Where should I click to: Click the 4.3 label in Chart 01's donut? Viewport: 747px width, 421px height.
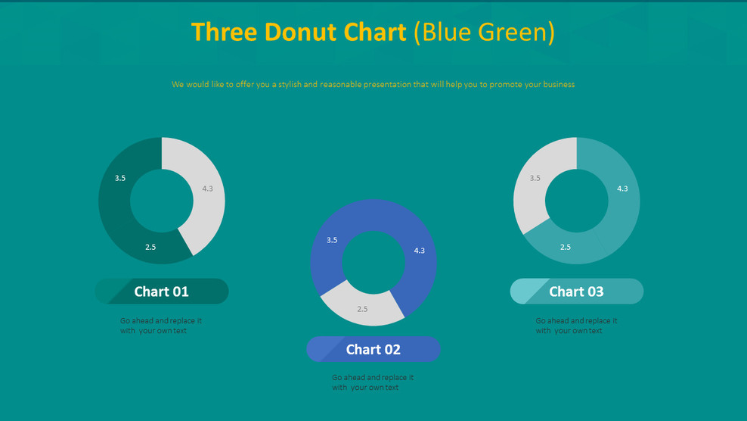(208, 189)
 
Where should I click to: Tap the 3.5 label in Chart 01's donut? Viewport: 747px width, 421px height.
(120, 178)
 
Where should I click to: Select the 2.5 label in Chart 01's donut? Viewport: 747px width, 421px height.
(150, 247)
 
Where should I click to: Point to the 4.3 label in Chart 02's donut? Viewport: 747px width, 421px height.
(420, 251)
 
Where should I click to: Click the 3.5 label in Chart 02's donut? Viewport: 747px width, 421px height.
(332, 240)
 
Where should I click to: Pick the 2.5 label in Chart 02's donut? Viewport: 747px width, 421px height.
(362, 309)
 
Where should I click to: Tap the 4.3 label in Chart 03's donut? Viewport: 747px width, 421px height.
(622, 189)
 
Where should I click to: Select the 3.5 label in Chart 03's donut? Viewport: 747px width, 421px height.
(535, 178)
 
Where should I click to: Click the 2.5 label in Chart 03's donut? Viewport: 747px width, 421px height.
(566, 247)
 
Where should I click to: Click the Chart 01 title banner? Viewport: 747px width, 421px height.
(162, 292)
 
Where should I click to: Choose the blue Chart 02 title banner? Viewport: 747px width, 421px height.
(373, 349)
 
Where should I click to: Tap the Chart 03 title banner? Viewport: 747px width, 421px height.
(577, 292)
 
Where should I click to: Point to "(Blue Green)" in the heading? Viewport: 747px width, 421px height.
(485, 32)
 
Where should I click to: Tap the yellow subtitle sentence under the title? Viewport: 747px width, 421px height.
(373, 85)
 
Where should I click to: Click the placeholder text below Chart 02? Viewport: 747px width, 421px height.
(373, 382)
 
